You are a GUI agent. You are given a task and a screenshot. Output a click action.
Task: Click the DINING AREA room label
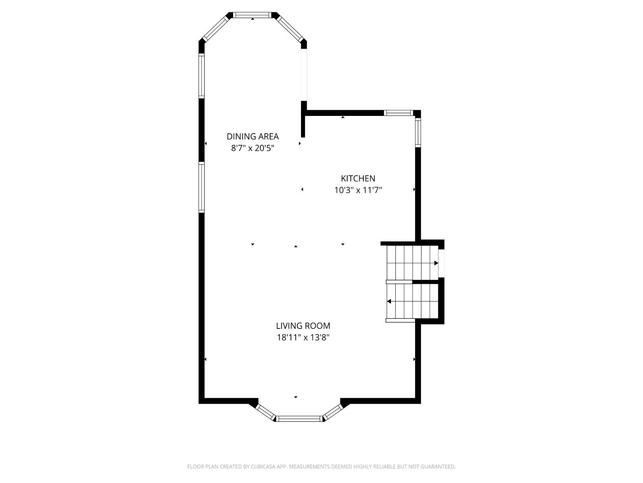click(252, 136)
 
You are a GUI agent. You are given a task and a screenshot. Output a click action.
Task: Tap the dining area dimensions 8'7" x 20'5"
click(252, 148)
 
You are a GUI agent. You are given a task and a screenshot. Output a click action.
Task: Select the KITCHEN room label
click(358, 178)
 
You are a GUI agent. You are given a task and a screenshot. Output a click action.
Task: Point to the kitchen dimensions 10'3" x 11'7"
click(358, 190)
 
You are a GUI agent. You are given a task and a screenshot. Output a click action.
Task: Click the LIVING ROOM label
click(303, 326)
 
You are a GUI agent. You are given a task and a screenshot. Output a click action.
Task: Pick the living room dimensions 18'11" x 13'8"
click(303, 337)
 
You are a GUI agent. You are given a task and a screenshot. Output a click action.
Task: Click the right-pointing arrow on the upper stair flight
click(436, 263)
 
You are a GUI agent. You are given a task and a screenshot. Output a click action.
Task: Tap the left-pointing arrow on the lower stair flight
click(389, 301)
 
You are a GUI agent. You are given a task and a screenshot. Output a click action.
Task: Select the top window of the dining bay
click(252, 15)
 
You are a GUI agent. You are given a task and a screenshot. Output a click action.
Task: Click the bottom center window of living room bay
click(299, 419)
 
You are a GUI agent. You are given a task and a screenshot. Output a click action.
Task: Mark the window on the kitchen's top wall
click(398, 113)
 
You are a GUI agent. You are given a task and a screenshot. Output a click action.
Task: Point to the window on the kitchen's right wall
click(418, 132)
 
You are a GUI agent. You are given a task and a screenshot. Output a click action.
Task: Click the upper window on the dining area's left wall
click(201, 76)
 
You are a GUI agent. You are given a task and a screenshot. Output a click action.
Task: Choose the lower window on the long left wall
click(201, 187)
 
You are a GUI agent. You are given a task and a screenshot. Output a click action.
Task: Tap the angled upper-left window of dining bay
click(215, 28)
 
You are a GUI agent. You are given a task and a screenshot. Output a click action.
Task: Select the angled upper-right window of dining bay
click(289, 28)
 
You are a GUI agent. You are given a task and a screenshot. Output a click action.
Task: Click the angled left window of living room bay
click(265, 412)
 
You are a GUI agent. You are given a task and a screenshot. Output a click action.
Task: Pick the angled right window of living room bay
click(333, 412)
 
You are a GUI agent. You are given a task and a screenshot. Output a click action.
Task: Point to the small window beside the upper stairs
click(441, 264)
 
